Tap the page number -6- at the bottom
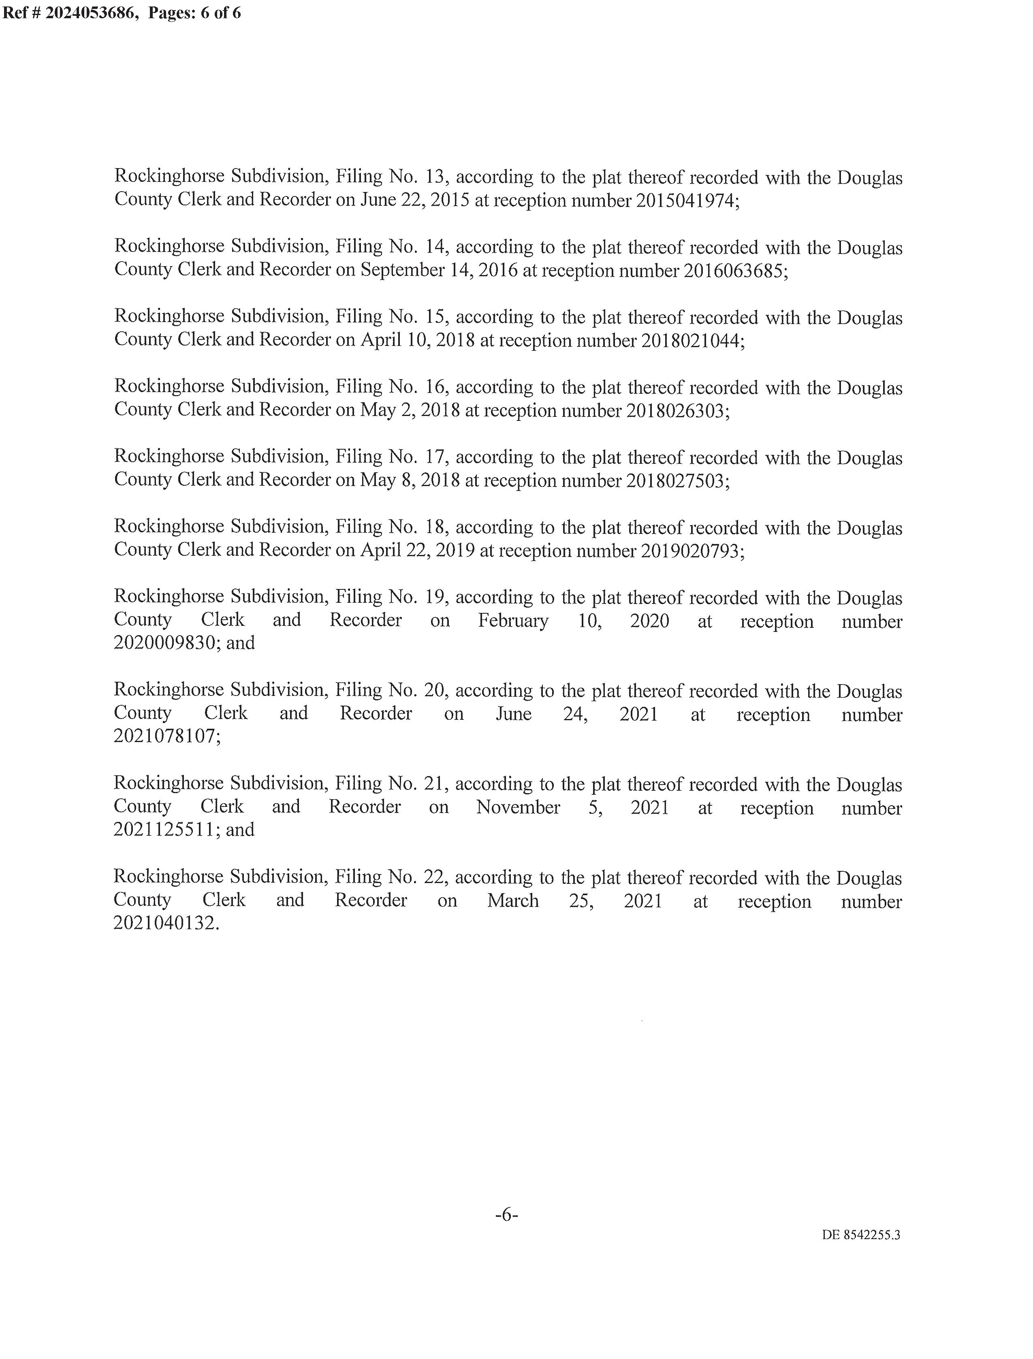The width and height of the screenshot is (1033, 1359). coord(506,1214)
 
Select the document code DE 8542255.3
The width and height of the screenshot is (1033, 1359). coord(861,1235)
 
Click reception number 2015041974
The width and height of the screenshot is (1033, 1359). coord(685,201)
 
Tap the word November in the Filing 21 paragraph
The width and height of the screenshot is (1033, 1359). coord(518,807)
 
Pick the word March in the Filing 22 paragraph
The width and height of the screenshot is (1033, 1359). coord(513,900)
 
